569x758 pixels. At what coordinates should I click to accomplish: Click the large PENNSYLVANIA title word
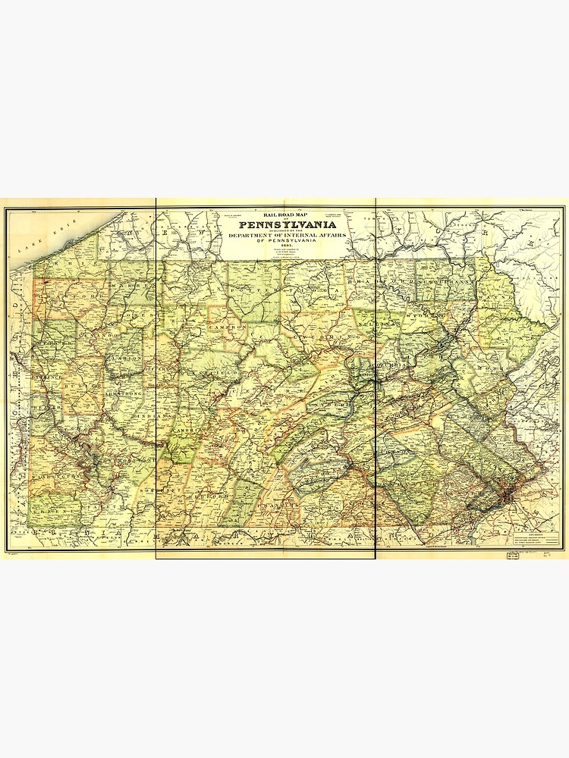click(x=285, y=224)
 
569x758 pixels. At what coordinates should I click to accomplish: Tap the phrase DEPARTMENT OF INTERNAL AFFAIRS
click(x=284, y=235)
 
